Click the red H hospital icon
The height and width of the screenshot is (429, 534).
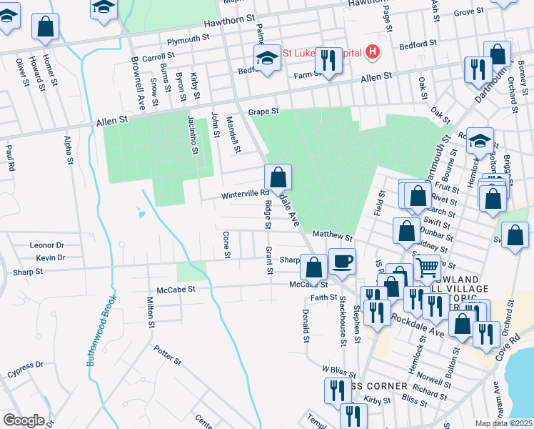[x=371, y=52]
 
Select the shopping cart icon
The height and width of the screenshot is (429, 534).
[x=427, y=268]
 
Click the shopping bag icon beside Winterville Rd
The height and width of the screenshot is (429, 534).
[x=278, y=177]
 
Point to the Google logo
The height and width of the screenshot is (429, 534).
[x=24, y=420]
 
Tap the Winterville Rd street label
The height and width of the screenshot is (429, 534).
[x=244, y=193]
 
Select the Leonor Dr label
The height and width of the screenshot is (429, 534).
[x=46, y=245]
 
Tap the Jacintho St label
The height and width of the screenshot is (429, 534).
[x=192, y=134]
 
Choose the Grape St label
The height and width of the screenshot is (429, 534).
[x=262, y=112]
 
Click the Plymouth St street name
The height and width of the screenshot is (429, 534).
[x=188, y=37]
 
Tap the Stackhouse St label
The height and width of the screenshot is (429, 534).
[x=343, y=325]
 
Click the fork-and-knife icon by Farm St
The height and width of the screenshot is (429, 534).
[x=328, y=60]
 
